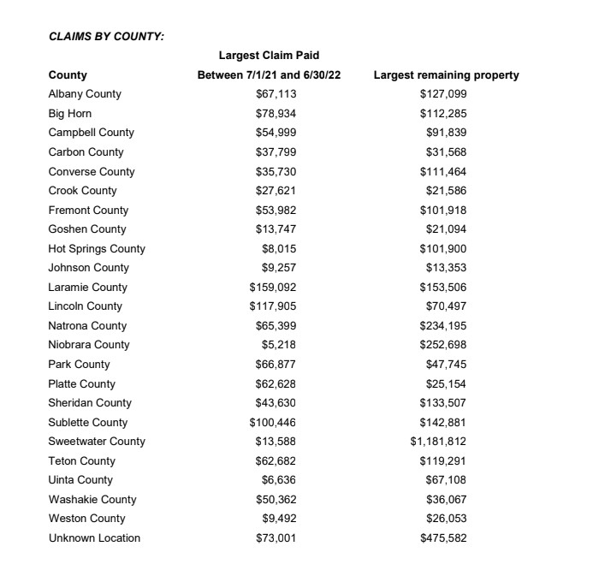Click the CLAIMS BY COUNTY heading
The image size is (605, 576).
click(x=106, y=36)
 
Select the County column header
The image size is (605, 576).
click(x=68, y=75)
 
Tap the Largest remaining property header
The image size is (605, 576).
click(x=446, y=75)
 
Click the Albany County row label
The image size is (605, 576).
click(x=85, y=94)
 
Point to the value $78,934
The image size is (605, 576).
click(x=276, y=114)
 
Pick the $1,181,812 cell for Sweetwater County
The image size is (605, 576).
click(x=438, y=442)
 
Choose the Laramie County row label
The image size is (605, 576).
click(x=87, y=288)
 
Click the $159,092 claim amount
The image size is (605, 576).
click(x=272, y=288)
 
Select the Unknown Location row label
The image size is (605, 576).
click(x=94, y=538)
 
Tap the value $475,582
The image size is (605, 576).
click(x=443, y=538)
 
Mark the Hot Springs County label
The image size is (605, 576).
click(x=97, y=249)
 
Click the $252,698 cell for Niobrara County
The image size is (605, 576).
click(x=443, y=345)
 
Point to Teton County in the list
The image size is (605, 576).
click(x=81, y=461)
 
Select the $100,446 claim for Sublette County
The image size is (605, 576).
click(x=272, y=423)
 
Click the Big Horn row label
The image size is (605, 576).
click(x=70, y=114)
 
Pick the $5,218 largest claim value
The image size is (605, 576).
click(x=279, y=345)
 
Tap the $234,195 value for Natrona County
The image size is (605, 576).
click(x=443, y=326)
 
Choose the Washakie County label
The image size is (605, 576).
click(x=92, y=500)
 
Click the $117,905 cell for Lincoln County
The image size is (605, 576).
click(x=272, y=306)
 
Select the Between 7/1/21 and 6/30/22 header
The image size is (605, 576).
click(x=269, y=75)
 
